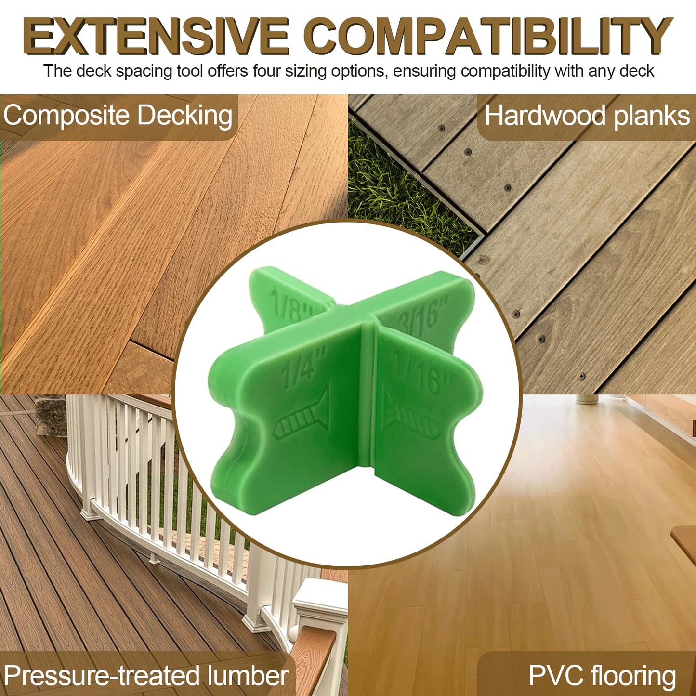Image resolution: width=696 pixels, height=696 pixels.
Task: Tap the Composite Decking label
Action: (x=118, y=117)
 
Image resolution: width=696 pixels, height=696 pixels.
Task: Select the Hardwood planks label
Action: (x=587, y=117)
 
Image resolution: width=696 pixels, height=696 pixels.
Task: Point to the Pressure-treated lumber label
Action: (x=146, y=675)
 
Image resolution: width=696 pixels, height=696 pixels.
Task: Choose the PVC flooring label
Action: (x=602, y=675)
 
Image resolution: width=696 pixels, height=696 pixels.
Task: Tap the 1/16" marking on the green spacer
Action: (x=421, y=372)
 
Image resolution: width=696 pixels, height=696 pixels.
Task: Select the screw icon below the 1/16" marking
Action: (x=409, y=415)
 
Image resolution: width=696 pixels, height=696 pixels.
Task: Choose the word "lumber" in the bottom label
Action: (x=248, y=675)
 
